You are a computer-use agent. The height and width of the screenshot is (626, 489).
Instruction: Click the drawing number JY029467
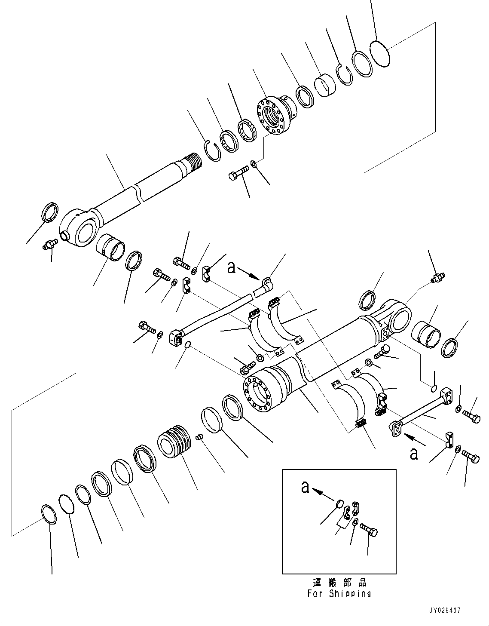(x=444, y=610)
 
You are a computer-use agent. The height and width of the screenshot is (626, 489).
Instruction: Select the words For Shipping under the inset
(x=339, y=593)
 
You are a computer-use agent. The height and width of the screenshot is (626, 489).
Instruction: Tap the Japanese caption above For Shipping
(x=339, y=583)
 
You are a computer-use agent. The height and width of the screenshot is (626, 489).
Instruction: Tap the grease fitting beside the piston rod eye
(x=49, y=245)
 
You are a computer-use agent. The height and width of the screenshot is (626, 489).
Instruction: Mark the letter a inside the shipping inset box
(x=305, y=487)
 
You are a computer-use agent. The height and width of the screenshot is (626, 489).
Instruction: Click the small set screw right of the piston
(x=199, y=437)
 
